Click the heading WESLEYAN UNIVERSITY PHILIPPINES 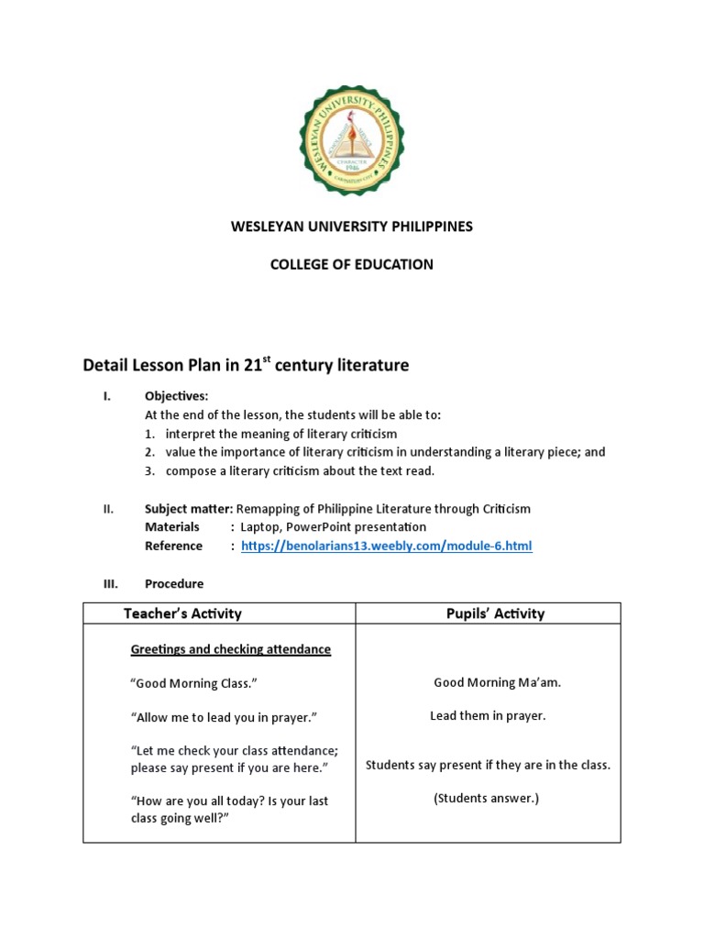352,226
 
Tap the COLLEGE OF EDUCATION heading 352,265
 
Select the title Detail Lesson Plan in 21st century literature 246,366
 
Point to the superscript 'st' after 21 269,360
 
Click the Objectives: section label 176,396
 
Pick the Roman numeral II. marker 107,509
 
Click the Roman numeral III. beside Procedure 108,583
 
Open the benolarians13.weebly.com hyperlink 386,547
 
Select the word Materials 172,527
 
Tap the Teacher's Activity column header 182,613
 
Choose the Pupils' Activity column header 489,613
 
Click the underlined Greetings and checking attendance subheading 230,649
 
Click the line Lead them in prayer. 488,716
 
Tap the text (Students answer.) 487,799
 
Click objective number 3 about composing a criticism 299,471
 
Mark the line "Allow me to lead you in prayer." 228,717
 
